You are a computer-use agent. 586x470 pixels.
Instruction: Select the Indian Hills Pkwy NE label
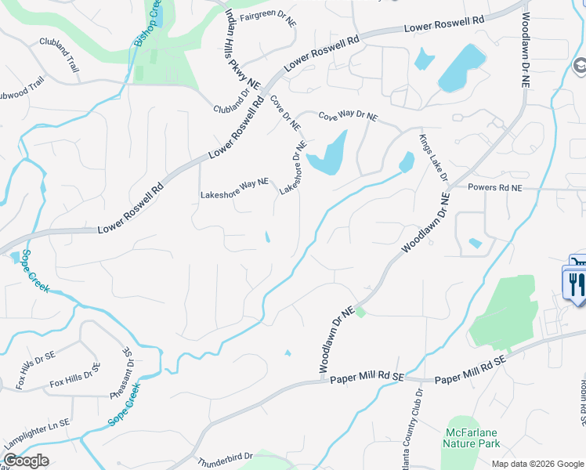pos(242,49)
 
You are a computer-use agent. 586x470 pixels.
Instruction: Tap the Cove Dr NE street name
pos(285,112)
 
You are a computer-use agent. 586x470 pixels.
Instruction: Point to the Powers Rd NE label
pos(494,188)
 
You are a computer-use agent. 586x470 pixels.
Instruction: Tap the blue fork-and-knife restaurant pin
pos(573,282)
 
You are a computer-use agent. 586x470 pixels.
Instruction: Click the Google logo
pos(26,461)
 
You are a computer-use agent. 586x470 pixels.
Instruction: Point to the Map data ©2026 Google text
pos(537,464)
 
